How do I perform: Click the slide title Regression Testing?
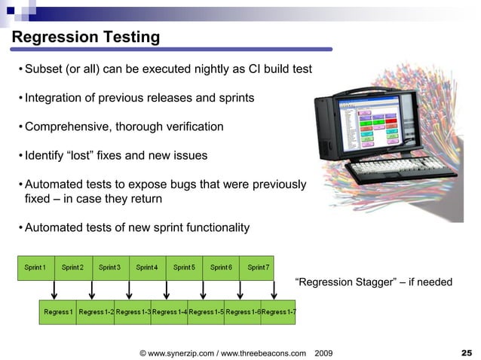(x=85, y=37)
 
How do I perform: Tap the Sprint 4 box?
(x=146, y=267)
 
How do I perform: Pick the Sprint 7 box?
(x=257, y=267)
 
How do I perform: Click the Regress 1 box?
(x=58, y=312)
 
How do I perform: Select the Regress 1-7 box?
(x=278, y=312)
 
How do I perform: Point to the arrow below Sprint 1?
(x=55, y=290)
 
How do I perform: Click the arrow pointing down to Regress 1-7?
(x=276, y=290)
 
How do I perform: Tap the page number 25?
(x=466, y=352)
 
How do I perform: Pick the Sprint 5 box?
(x=183, y=267)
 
